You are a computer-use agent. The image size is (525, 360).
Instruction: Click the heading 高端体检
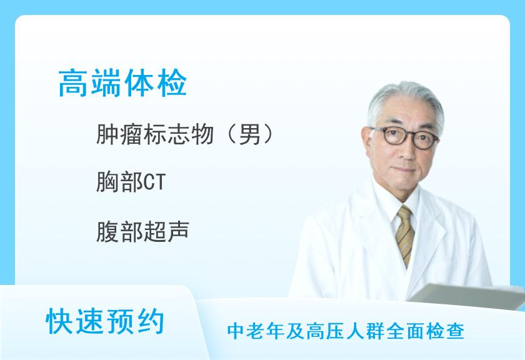[x=122, y=83]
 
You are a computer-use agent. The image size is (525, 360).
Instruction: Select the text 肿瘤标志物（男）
[x=185, y=134]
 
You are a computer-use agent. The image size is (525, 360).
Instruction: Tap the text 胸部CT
[x=131, y=182]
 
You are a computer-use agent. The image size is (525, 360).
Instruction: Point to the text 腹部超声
[x=142, y=231]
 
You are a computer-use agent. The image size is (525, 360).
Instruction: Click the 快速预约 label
[x=105, y=321]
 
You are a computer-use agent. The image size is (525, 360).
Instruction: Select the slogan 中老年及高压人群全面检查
[x=346, y=331]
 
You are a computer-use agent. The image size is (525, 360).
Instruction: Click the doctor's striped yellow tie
[x=405, y=234]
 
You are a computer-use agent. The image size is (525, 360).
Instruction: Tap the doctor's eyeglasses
[x=404, y=136]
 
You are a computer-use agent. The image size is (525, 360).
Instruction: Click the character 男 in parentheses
[x=250, y=134]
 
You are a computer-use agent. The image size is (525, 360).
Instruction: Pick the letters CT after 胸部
[x=155, y=182]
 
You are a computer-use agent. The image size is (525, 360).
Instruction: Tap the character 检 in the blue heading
[x=172, y=83]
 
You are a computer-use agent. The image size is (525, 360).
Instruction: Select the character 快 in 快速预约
[x=59, y=321]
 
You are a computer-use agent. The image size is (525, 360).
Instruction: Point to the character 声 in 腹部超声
[x=179, y=231]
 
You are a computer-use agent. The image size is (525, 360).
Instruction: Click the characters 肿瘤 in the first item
[x=119, y=134]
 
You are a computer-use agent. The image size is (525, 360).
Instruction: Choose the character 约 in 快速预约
[x=151, y=321]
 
